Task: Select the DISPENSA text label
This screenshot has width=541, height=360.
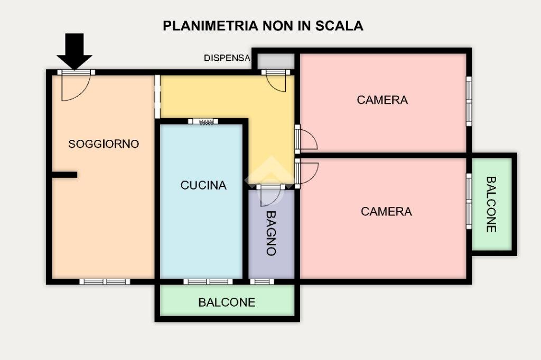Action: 227,59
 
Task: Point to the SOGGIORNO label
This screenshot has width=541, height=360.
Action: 104,144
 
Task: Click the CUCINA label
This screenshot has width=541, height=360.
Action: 203,185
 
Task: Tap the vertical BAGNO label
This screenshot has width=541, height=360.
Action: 271,233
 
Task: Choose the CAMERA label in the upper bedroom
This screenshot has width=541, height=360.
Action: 382,100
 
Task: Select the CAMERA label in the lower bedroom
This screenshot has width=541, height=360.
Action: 386,211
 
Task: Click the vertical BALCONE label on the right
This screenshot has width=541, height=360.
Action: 491,204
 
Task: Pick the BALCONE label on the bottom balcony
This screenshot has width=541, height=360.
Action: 227,302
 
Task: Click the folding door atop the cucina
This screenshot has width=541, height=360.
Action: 203,121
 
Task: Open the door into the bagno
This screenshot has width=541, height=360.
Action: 270,195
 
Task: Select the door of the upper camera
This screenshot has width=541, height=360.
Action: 305,139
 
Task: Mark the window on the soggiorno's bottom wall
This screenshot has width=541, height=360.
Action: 105,281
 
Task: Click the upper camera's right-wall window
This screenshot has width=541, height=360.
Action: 468,101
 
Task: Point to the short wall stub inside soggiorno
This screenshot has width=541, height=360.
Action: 64,175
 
